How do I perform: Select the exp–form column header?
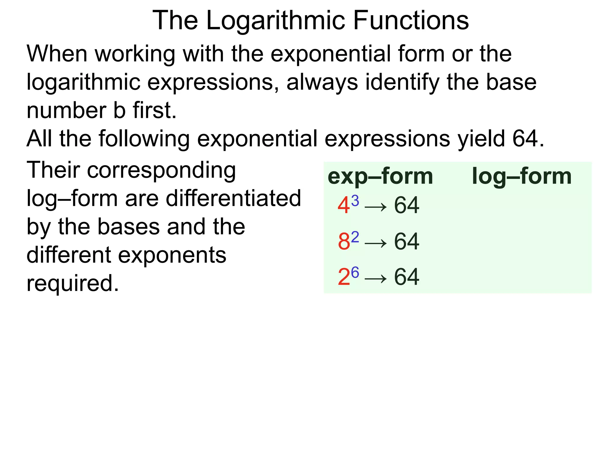[x=380, y=177]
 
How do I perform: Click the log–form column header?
[x=522, y=176]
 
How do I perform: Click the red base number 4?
[x=344, y=206]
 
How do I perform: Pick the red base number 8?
[x=344, y=241]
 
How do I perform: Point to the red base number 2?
[x=344, y=277]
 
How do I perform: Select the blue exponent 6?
[x=355, y=272]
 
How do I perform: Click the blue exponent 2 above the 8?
[x=355, y=237]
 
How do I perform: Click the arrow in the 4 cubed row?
[x=376, y=206]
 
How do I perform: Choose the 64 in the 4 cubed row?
[x=407, y=205]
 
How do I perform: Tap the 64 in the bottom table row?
[x=407, y=277]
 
